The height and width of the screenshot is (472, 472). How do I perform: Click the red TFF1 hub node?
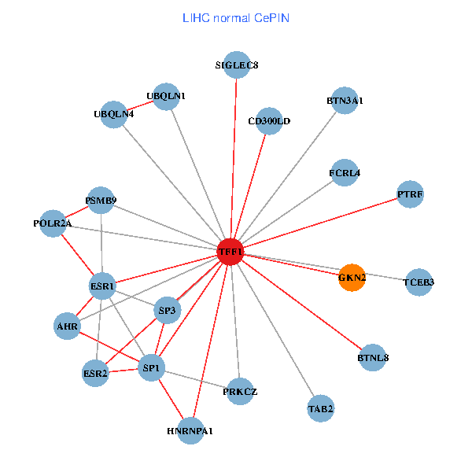tap(230, 251)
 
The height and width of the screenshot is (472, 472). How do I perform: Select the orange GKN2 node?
tap(352, 277)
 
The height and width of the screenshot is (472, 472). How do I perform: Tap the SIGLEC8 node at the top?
tap(237, 65)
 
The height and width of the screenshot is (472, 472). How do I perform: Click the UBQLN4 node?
tap(114, 114)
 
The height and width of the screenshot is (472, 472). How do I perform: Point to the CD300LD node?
tap(269, 121)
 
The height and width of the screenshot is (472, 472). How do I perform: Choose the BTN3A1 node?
tap(345, 101)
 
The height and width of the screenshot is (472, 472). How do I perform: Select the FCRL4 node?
tap(345, 172)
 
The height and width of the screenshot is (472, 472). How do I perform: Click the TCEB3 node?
tap(419, 282)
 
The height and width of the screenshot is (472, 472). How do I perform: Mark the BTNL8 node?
tap(373, 358)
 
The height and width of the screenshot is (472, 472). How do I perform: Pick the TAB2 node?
tap(321, 408)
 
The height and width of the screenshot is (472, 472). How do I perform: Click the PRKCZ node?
tap(240, 391)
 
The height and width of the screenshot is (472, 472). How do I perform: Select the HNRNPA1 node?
tap(190, 431)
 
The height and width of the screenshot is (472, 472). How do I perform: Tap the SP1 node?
tap(150, 367)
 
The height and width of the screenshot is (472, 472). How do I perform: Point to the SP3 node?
tap(168, 311)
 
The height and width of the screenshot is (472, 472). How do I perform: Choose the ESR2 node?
tap(95, 373)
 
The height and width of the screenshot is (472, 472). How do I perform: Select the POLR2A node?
tap(53, 223)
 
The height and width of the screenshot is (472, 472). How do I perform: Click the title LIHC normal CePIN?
tap(235, 17)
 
